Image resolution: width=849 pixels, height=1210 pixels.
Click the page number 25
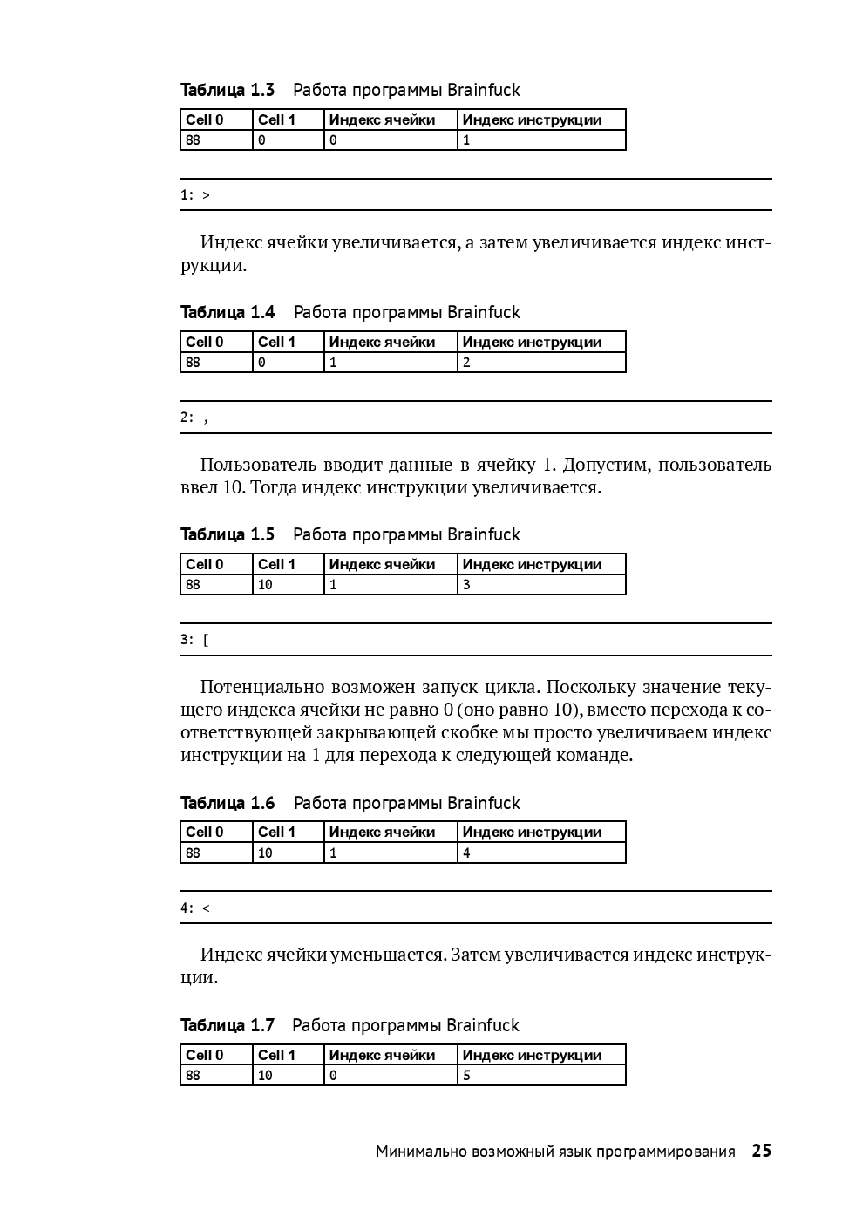[761, 1151]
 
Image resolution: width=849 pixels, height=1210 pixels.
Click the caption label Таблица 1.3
[228, 90]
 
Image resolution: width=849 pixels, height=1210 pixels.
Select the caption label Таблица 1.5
[228, 534]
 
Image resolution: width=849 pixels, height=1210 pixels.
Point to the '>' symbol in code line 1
[207, 195]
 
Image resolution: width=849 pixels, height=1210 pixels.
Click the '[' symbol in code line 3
[206, 640]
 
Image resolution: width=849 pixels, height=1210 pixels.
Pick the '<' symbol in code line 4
[207, 908]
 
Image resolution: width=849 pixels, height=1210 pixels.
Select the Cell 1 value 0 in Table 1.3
[261, 140]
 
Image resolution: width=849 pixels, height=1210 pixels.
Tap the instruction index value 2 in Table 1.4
[466, 363]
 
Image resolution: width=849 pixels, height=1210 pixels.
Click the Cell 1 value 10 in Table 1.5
[265, 585]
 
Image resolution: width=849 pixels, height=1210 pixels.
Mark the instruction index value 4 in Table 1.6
[466, 853]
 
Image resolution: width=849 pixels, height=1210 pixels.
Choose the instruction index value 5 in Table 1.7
[466, 1076]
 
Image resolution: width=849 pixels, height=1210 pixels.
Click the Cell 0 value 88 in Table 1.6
[193, 853]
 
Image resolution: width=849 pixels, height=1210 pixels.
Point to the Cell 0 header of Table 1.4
[204, 342]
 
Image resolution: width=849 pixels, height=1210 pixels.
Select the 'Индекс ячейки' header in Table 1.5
[382, 564]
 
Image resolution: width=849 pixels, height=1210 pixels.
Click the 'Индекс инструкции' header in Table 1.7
[532, 1055]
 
